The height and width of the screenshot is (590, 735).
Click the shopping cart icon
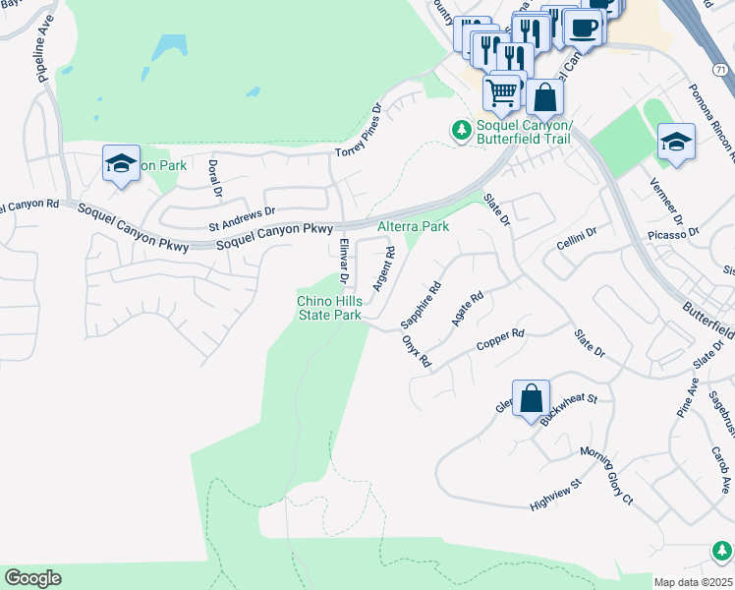pos(502,92)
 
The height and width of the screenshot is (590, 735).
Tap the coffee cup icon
pos(583,29)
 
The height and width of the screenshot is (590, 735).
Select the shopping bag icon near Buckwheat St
pos(531,399)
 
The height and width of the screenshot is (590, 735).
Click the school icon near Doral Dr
pos(121,163)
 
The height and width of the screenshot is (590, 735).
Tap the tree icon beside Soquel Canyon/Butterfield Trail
pos(461,131)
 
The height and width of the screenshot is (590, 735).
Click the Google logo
pos(32,578)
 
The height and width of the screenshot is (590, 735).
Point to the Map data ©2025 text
pos(692,582)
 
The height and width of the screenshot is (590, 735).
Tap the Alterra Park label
pos(414,227)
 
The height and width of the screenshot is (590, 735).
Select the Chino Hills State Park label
pos(330,308)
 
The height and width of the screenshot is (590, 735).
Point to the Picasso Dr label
pos(673,235)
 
